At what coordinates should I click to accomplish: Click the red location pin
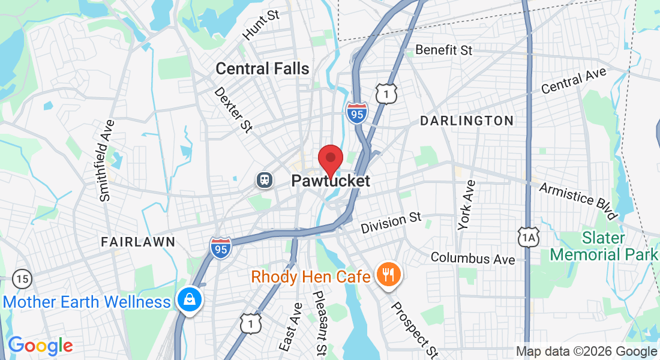pos(330,160)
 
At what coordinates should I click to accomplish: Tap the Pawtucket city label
pos(331,181)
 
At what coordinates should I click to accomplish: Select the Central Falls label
pos(262,68)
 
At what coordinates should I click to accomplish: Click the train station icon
pos(263,179)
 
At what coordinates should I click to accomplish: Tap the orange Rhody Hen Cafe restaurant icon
pos(388,275)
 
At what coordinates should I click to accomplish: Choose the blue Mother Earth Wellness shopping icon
pos(190,299)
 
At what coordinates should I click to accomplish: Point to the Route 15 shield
pos(22,278)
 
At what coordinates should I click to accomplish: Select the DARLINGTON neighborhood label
pos(466,121)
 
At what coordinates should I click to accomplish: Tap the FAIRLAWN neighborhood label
pos(138,242)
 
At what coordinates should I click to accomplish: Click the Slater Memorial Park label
pos(604,247)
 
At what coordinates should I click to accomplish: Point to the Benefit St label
pos(444,50)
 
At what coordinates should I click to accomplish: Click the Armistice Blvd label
pos(578,200)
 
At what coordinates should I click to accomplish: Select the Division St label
pos(391,223)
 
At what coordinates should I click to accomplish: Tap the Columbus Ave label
pos(473,259)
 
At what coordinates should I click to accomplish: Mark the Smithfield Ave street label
pos(107,160)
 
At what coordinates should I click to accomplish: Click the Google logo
pos(40,346)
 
